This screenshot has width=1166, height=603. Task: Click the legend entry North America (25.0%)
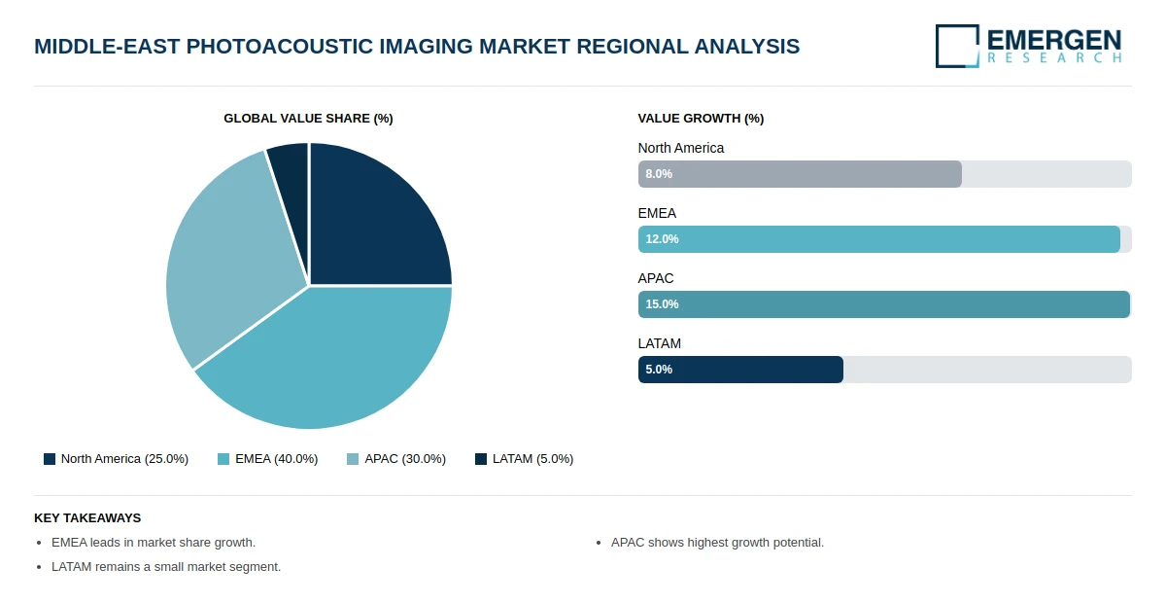116,459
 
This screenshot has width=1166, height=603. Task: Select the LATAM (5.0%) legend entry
524,459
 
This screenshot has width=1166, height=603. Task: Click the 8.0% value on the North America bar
659,174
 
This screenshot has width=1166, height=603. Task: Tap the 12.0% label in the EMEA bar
662,239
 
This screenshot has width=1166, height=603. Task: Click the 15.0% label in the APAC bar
662,304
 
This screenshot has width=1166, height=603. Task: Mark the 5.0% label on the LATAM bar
659,370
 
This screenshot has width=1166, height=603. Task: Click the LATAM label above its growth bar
659,343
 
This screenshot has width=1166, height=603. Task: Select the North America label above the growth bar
680,148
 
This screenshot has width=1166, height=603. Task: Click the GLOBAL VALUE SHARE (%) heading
308,119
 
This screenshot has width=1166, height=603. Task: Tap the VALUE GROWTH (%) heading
701,119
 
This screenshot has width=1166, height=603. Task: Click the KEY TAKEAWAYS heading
87,518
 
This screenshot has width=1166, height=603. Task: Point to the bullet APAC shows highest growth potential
717,543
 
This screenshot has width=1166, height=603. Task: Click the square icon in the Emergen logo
957,46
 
